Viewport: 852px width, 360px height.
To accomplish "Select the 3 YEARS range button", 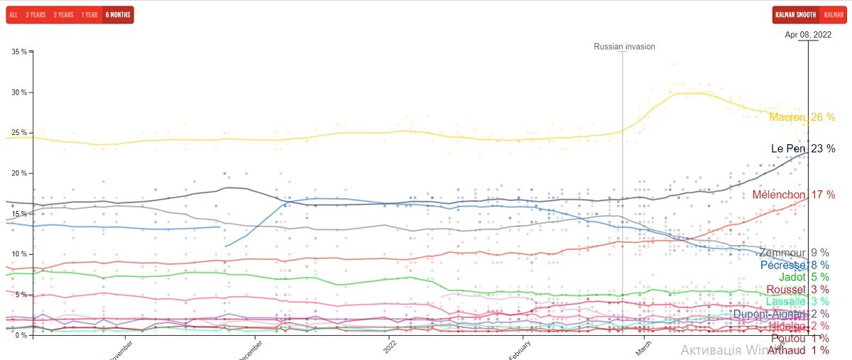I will pyautogui.click(x=35, y=15).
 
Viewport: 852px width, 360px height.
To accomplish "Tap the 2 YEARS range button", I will pyautogui.click(x=63, y=15).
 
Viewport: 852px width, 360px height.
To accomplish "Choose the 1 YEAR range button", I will pyautogui.click(x=89, y=15).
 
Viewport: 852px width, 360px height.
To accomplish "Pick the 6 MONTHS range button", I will pyautogui.click(x=117, y=15).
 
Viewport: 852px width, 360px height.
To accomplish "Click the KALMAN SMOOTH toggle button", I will pyautogui.click(x=795, y=15).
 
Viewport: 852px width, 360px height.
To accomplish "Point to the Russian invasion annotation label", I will pyautogui.click(x=624, y=47).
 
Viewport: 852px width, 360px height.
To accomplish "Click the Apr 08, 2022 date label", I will pyautogui.click(x=807, y=34).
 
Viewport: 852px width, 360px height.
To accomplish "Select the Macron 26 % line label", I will pyautogui.click(x=802, y=117).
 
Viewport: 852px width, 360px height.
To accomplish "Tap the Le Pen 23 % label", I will pyautogui.click(x=802, y=149).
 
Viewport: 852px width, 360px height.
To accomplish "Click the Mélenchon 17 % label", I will pyautogui.click(x=793, y=195).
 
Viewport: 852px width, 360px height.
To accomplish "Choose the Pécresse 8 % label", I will pyautogui.click(x=794, y=266).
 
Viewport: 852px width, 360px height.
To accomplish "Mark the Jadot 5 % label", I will pyautogui.click(x=803, y=278).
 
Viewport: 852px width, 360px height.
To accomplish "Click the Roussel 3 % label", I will pyautogui.click(x=797, y=290).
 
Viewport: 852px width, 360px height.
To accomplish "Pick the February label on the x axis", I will pyautogui.click(x=520, y=351).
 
